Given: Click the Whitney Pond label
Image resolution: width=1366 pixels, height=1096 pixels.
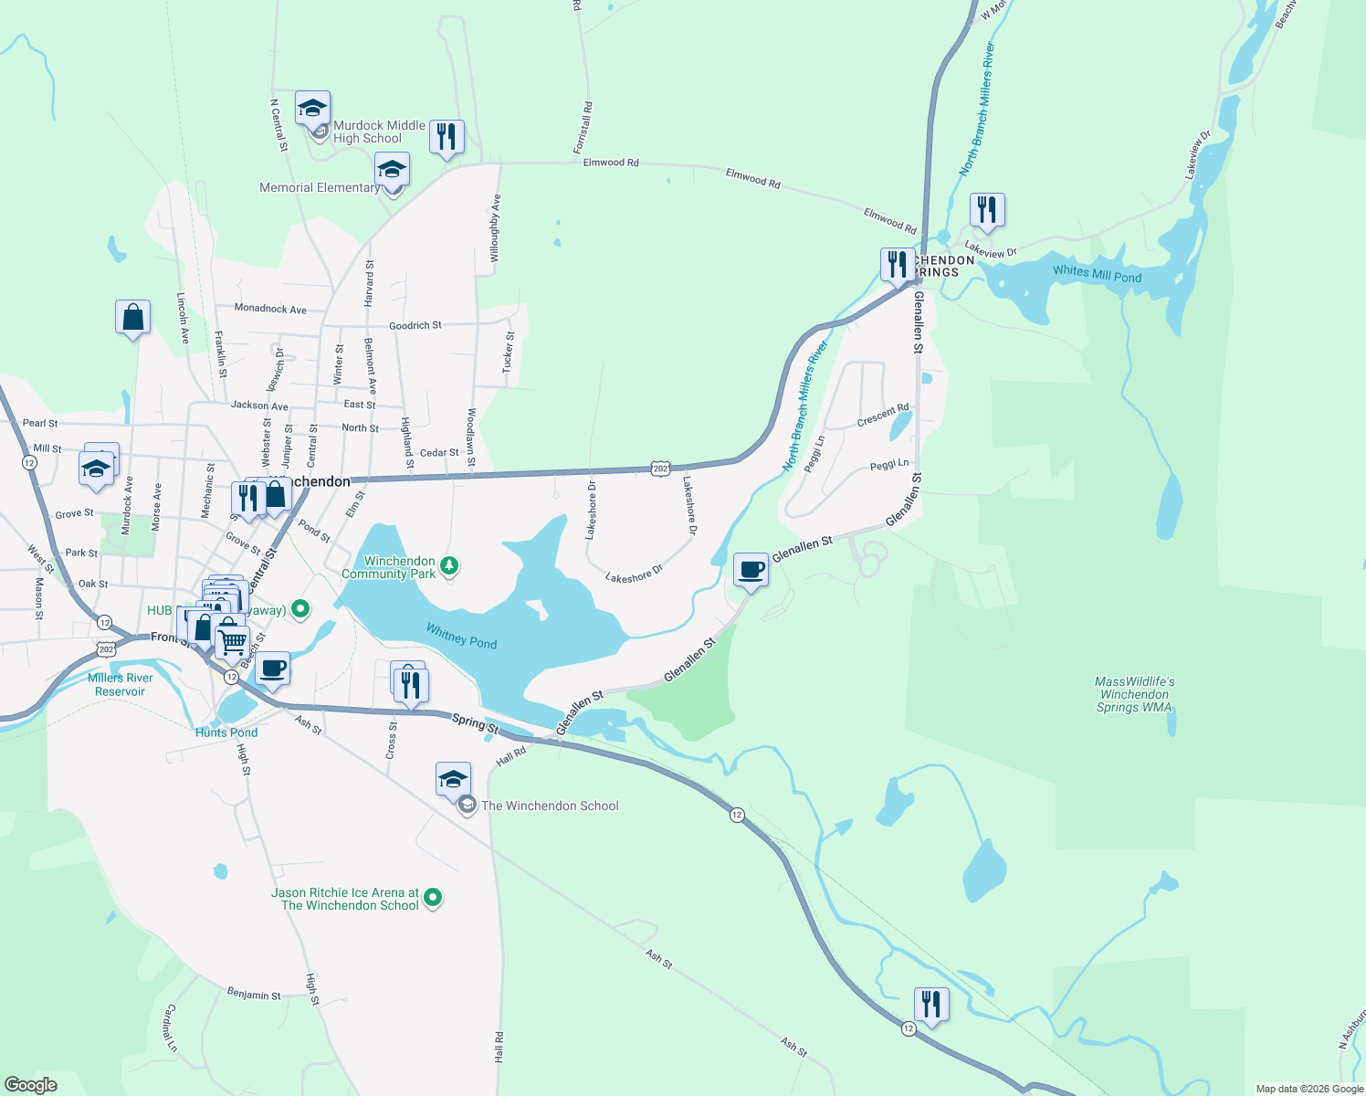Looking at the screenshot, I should click(462, 636).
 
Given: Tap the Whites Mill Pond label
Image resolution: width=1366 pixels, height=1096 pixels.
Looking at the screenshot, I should click(1097, 273).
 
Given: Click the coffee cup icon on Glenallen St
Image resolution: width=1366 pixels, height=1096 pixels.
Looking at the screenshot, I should click(751, 570).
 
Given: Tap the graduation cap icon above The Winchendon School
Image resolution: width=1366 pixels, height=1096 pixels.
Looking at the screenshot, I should click(453, 779).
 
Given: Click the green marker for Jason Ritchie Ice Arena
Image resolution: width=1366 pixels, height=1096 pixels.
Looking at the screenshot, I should click(434, 899).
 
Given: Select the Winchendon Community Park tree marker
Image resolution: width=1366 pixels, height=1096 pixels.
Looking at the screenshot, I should click(448, 566).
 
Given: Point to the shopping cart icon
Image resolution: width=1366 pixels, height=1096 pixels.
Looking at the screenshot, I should click(232, 641).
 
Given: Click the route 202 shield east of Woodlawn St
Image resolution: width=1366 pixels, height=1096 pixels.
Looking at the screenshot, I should click(660, 469).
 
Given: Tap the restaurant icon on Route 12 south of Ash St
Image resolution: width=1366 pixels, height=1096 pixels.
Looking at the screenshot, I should click(930, 1005).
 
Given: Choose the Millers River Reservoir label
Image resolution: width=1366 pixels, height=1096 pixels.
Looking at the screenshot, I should click(121, 684).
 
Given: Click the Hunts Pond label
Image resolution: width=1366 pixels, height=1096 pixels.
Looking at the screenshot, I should click(226, 732).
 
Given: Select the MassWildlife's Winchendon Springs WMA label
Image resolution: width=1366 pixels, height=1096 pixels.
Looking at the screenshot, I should click(1134, 694).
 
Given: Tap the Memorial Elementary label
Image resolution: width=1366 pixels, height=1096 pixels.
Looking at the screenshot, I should click(319, 187).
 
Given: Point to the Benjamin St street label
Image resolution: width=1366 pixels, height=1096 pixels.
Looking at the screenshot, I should click(254, 994).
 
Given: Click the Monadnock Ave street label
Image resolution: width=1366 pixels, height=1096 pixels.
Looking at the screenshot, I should click(270, 309).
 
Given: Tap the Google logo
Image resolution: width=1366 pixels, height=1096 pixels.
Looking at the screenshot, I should click(31, 1084).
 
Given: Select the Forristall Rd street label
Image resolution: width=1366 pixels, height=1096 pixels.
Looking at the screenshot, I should click(583, 128).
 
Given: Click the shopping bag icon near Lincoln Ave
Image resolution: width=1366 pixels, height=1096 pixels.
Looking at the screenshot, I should click(132, 318).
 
